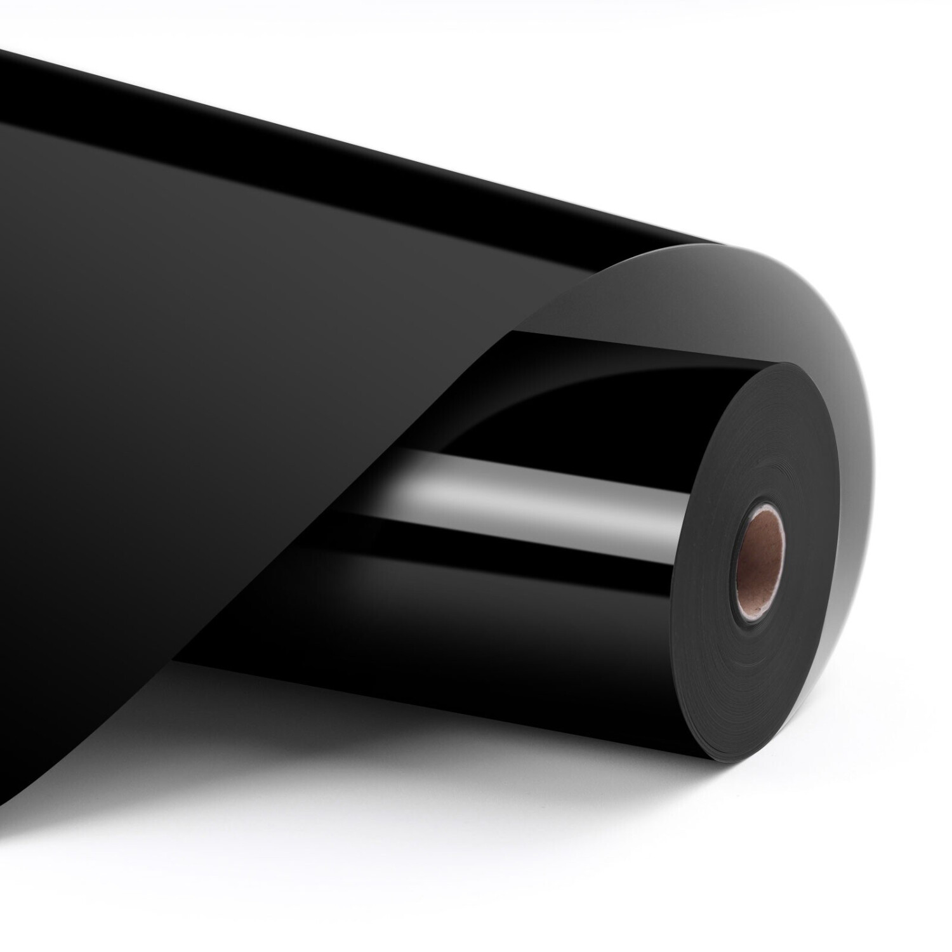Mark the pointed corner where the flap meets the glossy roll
(514, 333)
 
